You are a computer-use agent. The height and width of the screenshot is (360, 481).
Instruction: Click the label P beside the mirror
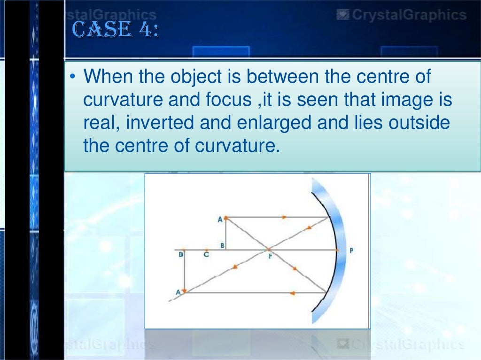pos(351,250)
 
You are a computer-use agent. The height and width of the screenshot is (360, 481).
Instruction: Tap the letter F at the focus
pos(270,257)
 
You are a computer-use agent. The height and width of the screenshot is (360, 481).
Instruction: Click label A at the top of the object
pos(220,219)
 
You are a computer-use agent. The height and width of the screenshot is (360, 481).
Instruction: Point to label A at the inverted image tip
pos(178,292)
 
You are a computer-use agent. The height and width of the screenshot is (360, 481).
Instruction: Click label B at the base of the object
pos(222,245)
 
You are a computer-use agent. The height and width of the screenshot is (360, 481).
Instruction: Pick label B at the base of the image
pos(180,255)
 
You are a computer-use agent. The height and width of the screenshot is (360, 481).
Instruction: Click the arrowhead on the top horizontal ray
pos(285,218)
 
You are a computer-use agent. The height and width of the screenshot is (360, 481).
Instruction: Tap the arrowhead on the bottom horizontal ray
pos(292,293)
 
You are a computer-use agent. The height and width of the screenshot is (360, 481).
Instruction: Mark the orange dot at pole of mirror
pos(337,250)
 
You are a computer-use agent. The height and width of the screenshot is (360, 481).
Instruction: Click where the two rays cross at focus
pos(268,249)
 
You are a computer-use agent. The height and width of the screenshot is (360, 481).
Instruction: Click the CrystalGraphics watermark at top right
pos(402,16)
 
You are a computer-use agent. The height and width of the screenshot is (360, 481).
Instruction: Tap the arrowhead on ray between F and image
pos(233,267)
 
